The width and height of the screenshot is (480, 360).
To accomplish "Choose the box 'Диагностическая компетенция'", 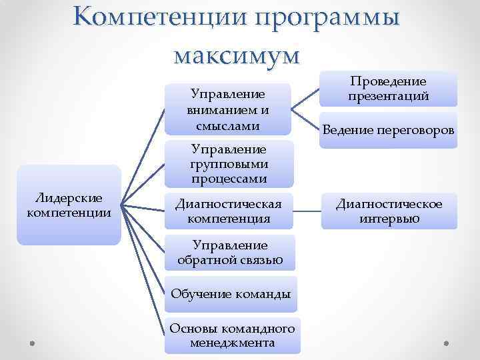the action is tap(228, 211).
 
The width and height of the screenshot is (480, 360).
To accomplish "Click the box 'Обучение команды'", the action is tap(231, 293).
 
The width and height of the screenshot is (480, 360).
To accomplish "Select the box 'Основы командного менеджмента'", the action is tap(232, 336).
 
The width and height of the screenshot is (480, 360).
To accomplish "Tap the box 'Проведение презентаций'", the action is tap(387, 89).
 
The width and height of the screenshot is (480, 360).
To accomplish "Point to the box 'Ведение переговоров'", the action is tap(388, 131).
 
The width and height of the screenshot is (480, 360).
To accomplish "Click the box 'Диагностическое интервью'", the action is tap(388, 211).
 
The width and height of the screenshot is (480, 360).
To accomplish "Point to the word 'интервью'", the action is tap(387, 218).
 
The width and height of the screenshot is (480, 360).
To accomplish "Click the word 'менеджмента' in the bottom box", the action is tap(232, 343).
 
